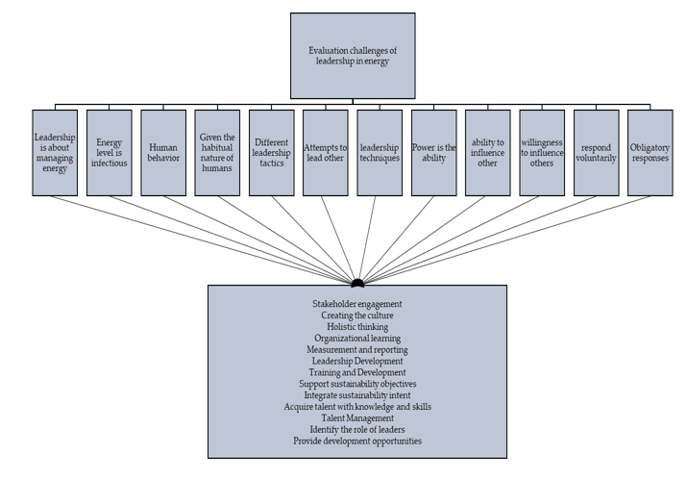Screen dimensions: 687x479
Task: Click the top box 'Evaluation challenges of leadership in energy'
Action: click(x=353, y=56)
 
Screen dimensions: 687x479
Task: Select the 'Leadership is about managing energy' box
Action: click(x=55, y=153)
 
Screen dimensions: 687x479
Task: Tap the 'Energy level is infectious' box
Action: click(x=110, y=153)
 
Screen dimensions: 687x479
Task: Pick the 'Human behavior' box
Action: click(x=163, y=153)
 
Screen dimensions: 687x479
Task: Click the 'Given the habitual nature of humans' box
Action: click(x=217, y=153)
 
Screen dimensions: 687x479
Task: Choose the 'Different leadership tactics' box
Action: click(x=272, y=153)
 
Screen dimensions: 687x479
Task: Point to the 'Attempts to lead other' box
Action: click(x=326, y=153)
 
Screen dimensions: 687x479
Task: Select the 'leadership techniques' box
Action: click(x=380, y=153)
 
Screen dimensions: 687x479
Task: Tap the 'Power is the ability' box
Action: click(x=433, y=153)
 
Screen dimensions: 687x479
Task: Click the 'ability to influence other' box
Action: click(x=488, y=153)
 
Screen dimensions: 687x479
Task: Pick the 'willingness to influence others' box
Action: click(x=542, y=153)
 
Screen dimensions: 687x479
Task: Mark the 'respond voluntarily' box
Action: click(x=597, y=153)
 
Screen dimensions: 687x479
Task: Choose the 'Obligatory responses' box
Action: click(x=650, y=153)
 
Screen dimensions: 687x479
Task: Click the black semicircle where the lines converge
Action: click(x=357, y=283)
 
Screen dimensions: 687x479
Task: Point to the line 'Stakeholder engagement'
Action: click(x=357, y=304)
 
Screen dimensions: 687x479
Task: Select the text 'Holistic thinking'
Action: click(x=357, y=327)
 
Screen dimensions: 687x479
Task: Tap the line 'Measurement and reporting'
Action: click(x=357, y=349)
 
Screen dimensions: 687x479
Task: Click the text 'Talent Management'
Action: click(x=357, y=418)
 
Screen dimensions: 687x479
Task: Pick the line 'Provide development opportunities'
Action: click(x=357, y=441)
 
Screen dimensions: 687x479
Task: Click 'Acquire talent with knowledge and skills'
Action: click(x=357, y=407)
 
